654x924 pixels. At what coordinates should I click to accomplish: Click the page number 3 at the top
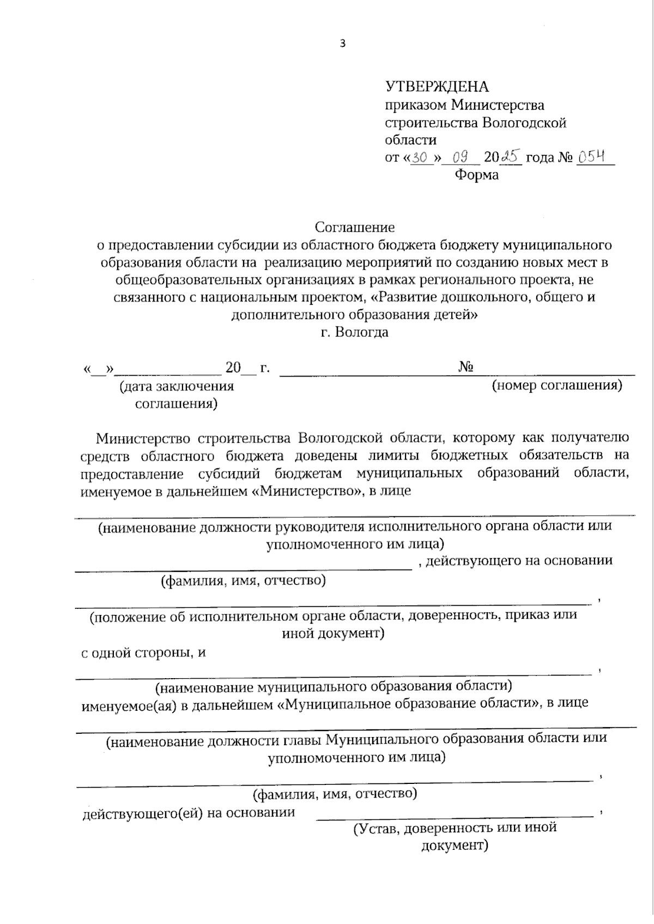click(x=342, y=44)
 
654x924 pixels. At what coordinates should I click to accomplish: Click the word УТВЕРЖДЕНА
click(x=437, y=87)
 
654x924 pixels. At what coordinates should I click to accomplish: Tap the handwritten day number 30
click(x=421, y=158)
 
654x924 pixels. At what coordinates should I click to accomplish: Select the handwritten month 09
click(x=461, y=158)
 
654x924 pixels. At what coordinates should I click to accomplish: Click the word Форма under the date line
click(x=476, y=176)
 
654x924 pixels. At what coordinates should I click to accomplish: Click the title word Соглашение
click(x=355, y=227)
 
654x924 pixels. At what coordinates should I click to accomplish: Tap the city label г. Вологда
click(x=355, y=332)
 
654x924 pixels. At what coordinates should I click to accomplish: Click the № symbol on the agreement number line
click(x=465, y=367)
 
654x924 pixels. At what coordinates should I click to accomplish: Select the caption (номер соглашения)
click(x=557, y=386)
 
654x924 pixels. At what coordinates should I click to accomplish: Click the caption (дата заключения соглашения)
click(x=176, y=395)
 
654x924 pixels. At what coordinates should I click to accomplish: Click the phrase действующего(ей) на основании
click(x=188, y=813)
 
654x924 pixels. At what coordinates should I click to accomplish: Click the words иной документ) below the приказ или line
click(x=332, y=633)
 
